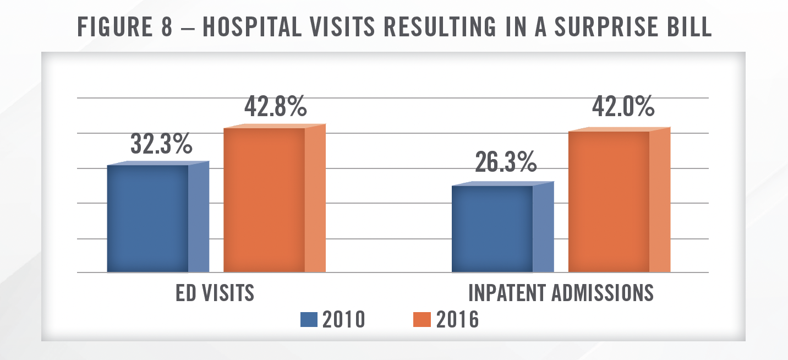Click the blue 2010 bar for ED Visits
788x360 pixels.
coord(148,219)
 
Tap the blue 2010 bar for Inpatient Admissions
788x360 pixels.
coord(492,229)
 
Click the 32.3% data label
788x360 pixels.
coord(161,144)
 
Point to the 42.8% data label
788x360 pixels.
coord(275,107)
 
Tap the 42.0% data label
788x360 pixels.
coord(623,107)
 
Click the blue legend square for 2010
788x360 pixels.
coord(309,320)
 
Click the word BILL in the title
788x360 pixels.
coord(686,28)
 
